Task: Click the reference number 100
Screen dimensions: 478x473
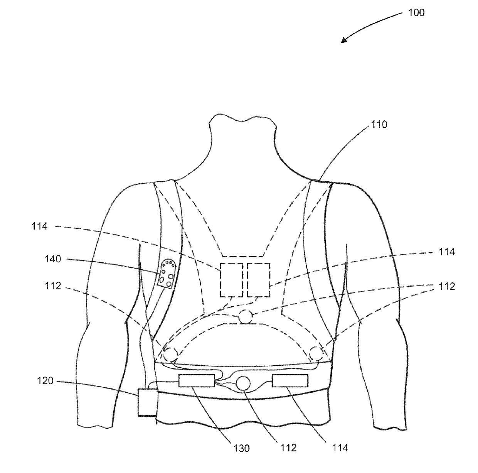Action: coord(416,13)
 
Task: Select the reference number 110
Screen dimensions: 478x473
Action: coord(379,125)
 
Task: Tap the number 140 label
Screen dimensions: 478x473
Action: coord(53,259)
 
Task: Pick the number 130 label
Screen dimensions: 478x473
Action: coord(242,448)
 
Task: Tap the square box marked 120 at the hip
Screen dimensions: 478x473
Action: coord(147,402)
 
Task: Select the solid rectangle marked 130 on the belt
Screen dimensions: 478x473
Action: coord(196,381)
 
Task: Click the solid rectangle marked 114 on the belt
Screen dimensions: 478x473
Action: coord(290,381)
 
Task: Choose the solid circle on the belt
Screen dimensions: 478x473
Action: coord(243,383)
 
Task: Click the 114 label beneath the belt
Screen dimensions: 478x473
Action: coord(340,448)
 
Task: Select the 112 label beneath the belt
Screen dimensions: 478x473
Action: coord(289,448)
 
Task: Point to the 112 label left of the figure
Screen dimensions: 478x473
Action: coord(53,286)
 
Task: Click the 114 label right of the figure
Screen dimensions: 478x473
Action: coord(447,252)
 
